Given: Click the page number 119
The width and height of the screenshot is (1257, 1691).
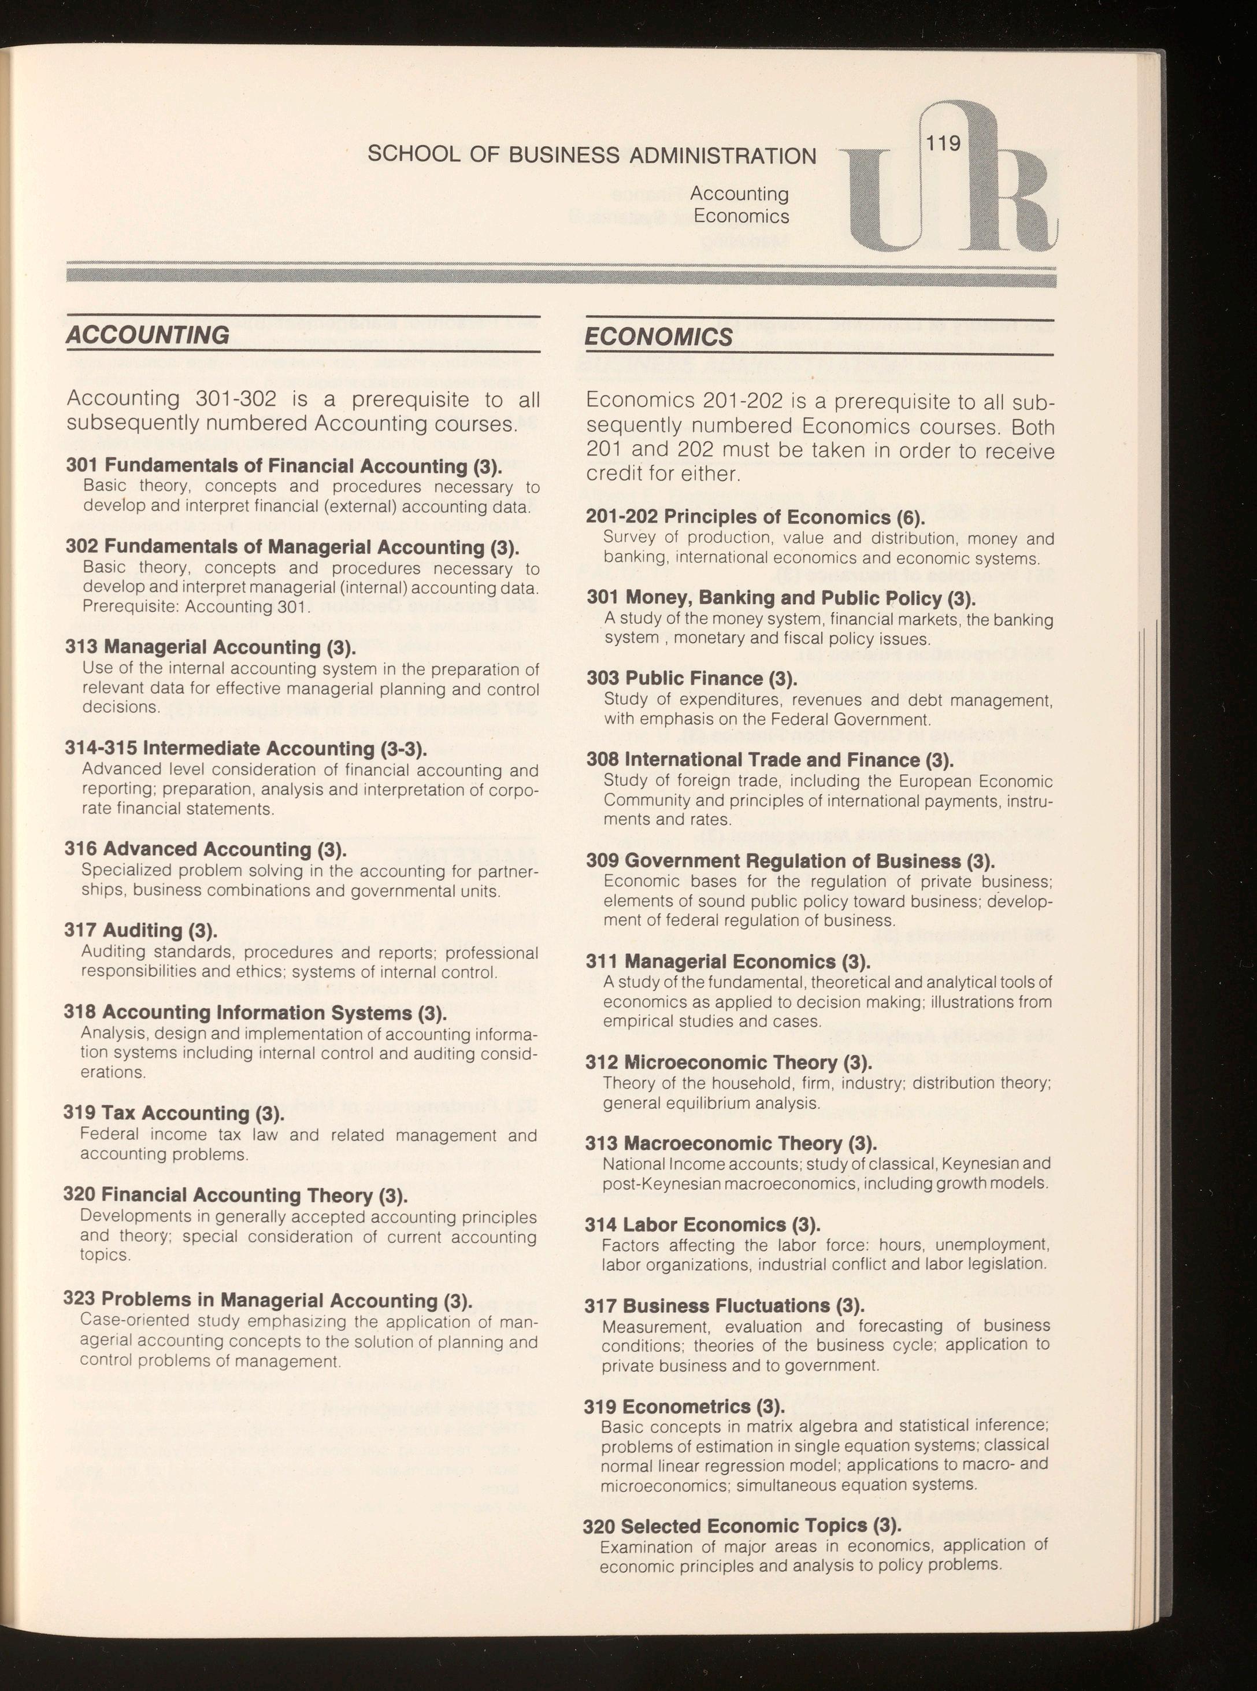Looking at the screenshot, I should click(944, 143).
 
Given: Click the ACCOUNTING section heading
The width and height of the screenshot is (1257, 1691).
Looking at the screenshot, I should click(147, 335).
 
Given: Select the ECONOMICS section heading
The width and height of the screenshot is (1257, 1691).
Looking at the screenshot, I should click(659, 337).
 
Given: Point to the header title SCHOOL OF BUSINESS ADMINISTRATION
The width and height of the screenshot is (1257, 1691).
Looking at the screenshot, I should click(591, 156).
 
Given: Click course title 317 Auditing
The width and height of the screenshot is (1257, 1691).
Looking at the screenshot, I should click(141, 930).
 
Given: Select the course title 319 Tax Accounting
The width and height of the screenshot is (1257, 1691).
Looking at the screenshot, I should click(173, 1113).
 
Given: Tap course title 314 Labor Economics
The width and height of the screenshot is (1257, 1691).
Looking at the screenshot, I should click(702, 1224).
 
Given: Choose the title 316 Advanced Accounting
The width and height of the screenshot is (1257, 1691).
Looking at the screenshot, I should click(205, 849).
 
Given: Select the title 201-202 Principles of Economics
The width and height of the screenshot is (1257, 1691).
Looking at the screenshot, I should click(755, 517).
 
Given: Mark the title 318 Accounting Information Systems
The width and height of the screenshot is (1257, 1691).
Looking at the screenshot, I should click(254, 1012).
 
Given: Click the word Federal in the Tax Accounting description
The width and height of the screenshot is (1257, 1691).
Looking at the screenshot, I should click(110, 1135).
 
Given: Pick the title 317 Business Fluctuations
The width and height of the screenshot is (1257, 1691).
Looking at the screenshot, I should click(724, 1306).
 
